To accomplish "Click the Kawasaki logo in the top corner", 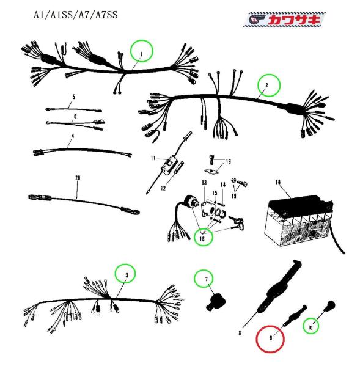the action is [x=284, y=19].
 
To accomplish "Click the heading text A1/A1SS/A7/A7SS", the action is [x=76, y=15].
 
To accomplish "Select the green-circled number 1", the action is [x=141, y=54].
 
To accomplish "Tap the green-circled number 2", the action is [x=266, y=85].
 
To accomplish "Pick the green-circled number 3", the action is [x=127, y=276].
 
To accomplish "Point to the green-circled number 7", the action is [x=207, y=279].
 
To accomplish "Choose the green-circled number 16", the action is [x=202, y=239].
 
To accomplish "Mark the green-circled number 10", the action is [x=310, y=327].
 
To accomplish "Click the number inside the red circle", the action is [x=271, y=338].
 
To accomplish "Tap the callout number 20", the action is [x=78, y=178].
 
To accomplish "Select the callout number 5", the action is [x=73, y=97].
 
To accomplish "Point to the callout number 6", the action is [x=75, y=116].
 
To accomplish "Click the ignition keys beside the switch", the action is [x=237, y=222].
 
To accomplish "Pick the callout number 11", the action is [x=153, y=158].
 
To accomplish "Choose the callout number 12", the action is [x=163, y=188].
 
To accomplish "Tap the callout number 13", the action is [x=204, y=183].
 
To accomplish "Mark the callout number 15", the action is [x=215, y=193].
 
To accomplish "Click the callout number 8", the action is [x=240, y=332].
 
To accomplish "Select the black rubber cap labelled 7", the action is [x=215, y=302].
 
